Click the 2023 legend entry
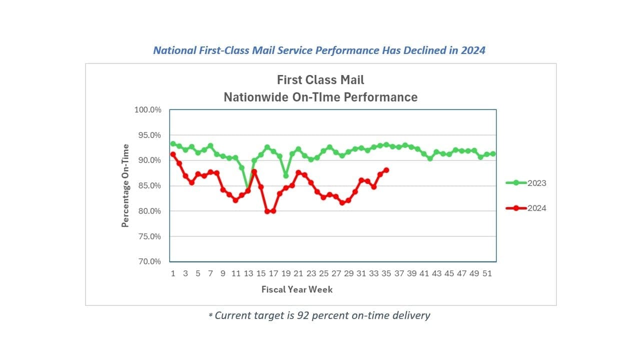[526, 183]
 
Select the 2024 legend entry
[526, 208]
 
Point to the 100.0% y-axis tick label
[148, 110]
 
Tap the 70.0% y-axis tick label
[149, 261]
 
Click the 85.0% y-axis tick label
[149, 186]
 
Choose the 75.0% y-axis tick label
[149, 236]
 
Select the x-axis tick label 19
[286, 273]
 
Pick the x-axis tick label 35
[386, 273]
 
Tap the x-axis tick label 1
[173, 273]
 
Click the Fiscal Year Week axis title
[297, 289]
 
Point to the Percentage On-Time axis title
[125, 185]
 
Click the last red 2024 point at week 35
[386, 170]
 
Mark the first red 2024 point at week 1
[173, 154]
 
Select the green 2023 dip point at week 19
[286, 175]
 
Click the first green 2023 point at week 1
[173, 144]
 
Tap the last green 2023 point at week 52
[493, 154]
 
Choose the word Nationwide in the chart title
[256, 97]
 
